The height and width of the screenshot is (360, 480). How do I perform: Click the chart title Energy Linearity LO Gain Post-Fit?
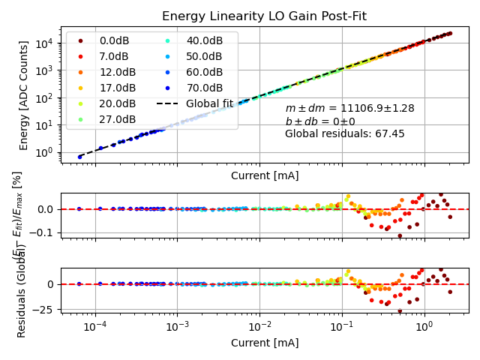point(264,16)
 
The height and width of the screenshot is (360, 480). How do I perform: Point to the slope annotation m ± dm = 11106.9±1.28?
point(349,109)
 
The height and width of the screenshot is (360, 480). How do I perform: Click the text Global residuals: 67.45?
point(344,134)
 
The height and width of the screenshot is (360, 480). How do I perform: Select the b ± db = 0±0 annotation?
point(320,121)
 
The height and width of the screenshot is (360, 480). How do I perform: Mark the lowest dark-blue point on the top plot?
point(79,157)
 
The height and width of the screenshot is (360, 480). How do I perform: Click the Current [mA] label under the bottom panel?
point(264,343)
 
